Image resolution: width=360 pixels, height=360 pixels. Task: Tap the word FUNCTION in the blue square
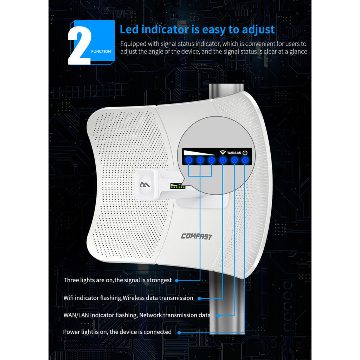pyautogui.click(x=101, y=51)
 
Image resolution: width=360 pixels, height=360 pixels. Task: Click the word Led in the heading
pyautogui.click(x=129, y=30)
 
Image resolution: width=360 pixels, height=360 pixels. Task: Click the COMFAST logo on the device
pyautogui.click(x=197, y=236)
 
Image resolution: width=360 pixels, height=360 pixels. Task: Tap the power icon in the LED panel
pyautogui.click(x=245, y=153)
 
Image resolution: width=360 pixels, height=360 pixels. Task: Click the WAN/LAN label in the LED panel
pyautogui.click(x=234, y=153)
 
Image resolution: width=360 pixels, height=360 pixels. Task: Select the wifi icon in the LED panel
pyautogui.click(x=223, y=153)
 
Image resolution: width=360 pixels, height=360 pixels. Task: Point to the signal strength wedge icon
pyautogui.click(x=199, y=153)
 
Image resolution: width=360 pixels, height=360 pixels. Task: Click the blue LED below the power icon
pyautogui.click(x=245, y=160)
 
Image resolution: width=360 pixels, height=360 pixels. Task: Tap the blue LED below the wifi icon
pyautogui.click(x=223, y=160)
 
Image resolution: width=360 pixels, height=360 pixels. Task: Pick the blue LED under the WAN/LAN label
pyautogui.click(x=234, y=160)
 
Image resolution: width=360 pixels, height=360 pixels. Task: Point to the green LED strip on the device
pyautogui.click(x=177, y=187)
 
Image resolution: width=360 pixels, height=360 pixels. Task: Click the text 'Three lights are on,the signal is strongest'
pyautogui.click(x=117, y=280)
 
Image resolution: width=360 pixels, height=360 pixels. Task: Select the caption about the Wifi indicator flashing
pyautogui.click(x=128, y=298)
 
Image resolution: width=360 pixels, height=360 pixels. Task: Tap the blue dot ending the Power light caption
pyautogui.click(x=179, y=332)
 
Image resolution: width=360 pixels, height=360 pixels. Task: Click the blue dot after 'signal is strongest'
pyautogui.click(x=177, y=281)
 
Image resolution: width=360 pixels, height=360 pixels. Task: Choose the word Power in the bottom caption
pyautogui.click(x=71, y=332)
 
